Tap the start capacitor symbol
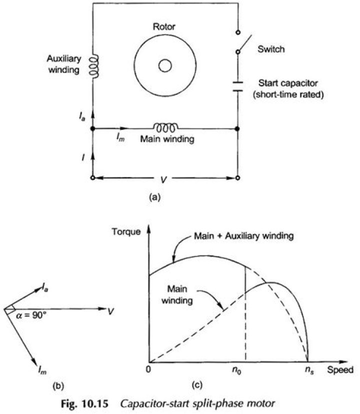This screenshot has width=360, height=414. (237, 86)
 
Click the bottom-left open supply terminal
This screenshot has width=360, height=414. (92, 177)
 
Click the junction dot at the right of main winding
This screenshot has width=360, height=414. (237, 128)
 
